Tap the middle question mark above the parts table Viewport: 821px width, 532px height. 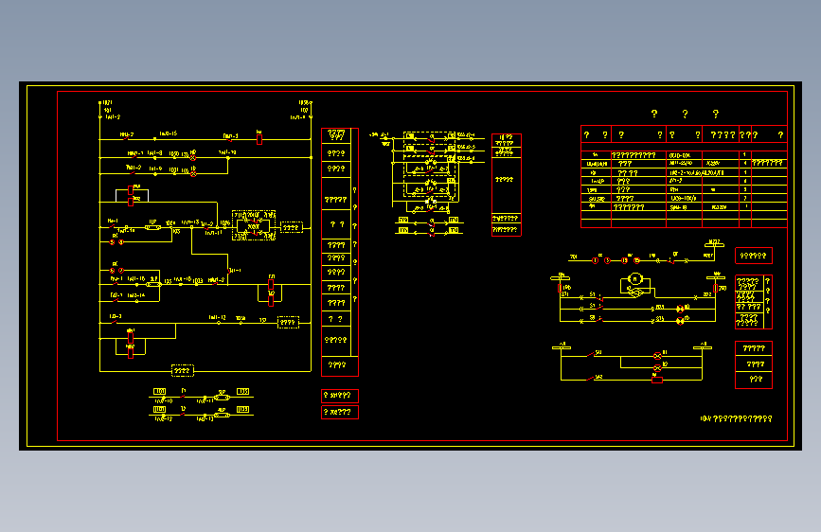click(685, 115)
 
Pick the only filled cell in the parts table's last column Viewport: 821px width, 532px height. click(767, 163)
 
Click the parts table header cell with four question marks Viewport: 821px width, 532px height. click(723, 135)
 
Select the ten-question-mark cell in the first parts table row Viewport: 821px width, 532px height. click(634, 154)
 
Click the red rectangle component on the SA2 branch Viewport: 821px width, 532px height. click(657, 380)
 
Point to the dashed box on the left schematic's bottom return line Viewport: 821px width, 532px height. click(182, 370)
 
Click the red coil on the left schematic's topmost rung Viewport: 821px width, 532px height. click(259, 138)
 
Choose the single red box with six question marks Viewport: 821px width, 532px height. click(754, 256)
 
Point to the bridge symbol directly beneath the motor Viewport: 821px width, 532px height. click(635, 293)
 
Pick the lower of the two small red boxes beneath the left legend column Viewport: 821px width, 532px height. click(340, 413)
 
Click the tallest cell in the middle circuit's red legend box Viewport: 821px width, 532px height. click(506, 179)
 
